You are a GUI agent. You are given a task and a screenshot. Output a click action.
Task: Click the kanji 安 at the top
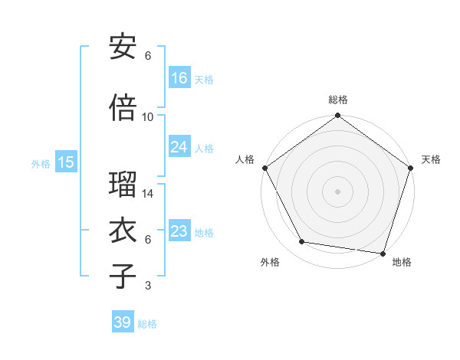[123, 47]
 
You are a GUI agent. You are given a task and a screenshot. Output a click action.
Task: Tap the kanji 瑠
[123, 185]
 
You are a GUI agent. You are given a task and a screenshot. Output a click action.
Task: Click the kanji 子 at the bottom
[123, 277]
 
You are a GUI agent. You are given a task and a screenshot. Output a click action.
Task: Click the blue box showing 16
[179, 77]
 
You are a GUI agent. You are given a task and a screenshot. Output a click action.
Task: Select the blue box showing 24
[179, 147]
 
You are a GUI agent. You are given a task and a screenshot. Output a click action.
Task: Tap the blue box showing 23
[179, 231]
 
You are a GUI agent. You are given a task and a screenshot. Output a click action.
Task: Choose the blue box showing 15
[65, 162]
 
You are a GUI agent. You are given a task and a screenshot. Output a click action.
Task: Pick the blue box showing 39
[122, 322]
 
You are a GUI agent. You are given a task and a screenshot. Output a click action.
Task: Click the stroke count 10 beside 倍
[148, 117]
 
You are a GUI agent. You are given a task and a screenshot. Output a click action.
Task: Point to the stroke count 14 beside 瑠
[148, 194]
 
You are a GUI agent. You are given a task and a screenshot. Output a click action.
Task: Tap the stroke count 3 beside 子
[148, 286]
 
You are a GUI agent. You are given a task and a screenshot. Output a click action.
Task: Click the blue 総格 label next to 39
[147, 324]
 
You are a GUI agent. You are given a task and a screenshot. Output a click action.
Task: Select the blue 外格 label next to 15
[41, 163]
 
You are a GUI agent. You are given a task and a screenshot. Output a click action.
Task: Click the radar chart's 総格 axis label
[338, 100]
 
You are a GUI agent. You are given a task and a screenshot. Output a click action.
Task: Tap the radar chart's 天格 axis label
[431, 159]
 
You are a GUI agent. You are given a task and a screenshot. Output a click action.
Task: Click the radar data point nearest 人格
[265, 168]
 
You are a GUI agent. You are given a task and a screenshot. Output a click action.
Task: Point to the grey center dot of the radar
[338, 191]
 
